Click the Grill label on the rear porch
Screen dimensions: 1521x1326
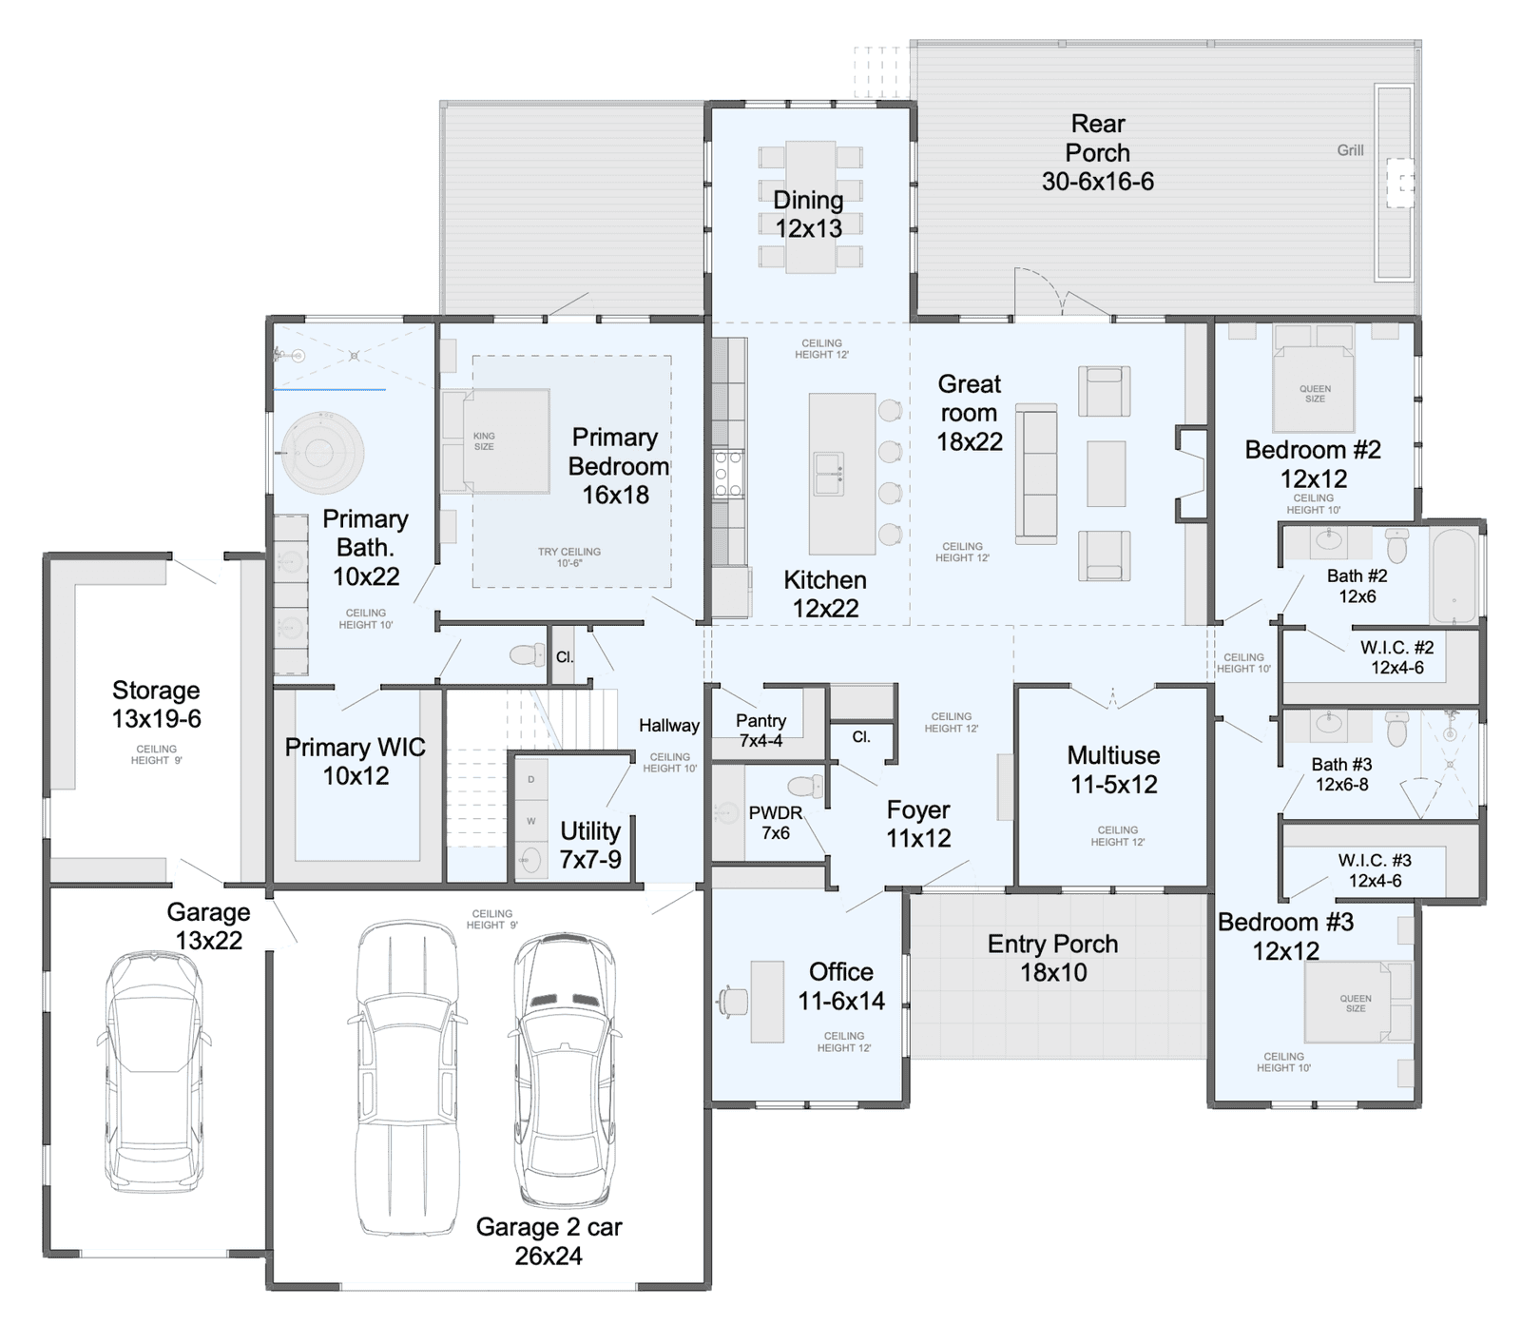[1350, 150]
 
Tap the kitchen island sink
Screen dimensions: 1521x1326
[828, 474]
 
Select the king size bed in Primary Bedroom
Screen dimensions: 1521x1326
[496, 440]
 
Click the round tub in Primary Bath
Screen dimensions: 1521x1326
[323, 452]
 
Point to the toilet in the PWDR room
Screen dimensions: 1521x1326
[805, 786]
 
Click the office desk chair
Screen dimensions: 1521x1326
[733, 1002]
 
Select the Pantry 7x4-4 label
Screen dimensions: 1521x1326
[761, 731]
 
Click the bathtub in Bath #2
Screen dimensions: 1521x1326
[1454, 575]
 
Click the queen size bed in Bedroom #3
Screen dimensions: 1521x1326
[1357, 1003]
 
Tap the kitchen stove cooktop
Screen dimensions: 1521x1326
[728, 475]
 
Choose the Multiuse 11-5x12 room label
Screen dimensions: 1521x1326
[1114, 770]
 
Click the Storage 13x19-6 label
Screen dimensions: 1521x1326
[157, 704]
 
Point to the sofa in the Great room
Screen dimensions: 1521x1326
[1036, 474]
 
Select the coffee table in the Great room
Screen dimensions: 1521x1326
[1107, 474]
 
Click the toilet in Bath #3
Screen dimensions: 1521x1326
[1396, 729]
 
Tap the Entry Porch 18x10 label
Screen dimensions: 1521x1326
[1053, 958]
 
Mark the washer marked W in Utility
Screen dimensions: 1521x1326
[531, 821]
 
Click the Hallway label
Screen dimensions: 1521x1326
[669, 726]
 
